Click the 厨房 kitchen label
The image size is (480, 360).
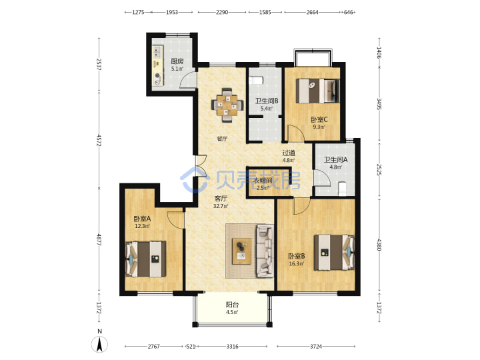(x=177, y=61)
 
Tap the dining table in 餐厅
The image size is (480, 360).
(x=227, y=105)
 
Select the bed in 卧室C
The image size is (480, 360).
(x=318, y=91)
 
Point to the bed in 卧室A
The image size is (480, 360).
(x=146, y=259)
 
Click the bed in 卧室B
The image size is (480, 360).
(x=334, y=252)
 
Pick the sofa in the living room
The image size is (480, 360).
(x=265, y=251)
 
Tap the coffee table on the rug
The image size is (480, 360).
(x=241, y=251)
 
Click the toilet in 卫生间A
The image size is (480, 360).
(x=342, y=189)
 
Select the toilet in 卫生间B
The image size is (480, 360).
(x=256, y=81)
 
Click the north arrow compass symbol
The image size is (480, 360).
(x=99, y=344)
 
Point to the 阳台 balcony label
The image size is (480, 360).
(x=232, y=305)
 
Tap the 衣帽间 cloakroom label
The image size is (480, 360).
(x=263, y=181)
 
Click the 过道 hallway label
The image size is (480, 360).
(x=289, y=153)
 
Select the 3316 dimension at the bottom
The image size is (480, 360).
(x=233, y=346)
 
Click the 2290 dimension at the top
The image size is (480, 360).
(x=222, y=12)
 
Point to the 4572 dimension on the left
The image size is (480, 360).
(x=99, y=140)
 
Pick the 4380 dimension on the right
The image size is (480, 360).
(x=379, y=245)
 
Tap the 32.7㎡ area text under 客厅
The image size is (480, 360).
(x=221, y=206)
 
